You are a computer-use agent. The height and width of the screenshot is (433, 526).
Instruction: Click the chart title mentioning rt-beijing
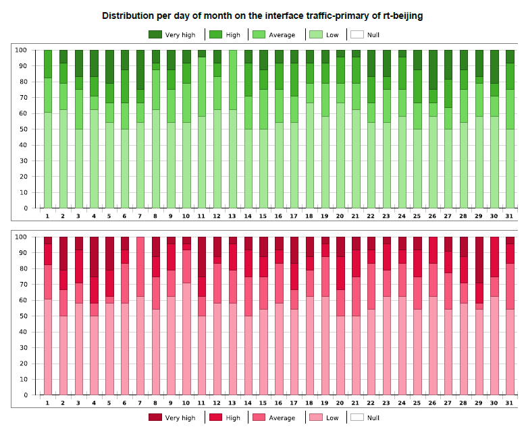click(263, 15)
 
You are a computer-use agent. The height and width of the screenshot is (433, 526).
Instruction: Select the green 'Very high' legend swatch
click(156, 34)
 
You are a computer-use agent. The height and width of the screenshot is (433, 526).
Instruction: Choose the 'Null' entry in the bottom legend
click(365, 417)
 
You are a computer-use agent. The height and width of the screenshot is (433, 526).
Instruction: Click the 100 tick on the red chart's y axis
click(20, 237)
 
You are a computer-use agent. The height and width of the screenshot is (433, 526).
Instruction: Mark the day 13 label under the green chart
click(232, 216)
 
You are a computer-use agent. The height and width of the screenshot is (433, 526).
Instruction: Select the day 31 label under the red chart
click(509, 403)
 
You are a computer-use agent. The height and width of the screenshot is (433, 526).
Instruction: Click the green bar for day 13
click(232, 128)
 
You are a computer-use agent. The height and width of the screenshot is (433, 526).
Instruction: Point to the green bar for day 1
click(48, 128)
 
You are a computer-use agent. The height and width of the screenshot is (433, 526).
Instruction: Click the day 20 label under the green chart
click(340, 216)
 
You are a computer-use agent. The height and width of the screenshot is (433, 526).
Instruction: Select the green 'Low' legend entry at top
click(325, 34)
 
